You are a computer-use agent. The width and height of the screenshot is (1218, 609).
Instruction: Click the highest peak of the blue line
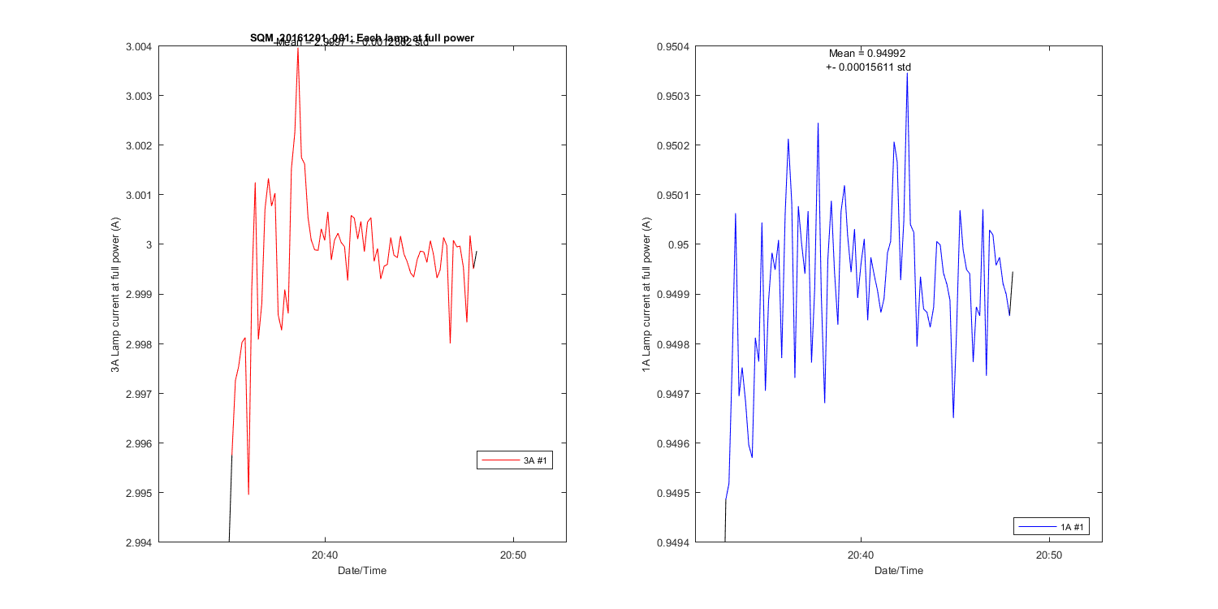pos(907,74)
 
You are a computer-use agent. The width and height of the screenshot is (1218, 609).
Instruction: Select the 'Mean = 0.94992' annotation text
pos(866,54)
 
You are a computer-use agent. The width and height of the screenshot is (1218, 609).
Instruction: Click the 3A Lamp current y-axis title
pos(116,295)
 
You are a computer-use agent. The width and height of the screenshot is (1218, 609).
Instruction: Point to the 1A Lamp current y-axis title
pos(646,295)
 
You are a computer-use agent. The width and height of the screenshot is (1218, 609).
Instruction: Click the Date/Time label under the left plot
pos(362,571)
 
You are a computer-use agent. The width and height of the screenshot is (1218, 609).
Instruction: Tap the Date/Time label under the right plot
pos(898,571)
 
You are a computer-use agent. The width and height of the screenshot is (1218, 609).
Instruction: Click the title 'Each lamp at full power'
pos(362,37)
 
